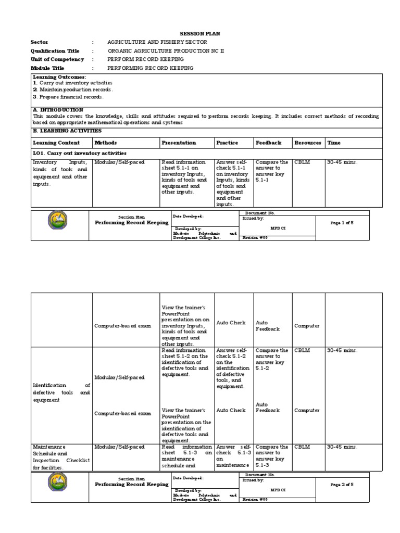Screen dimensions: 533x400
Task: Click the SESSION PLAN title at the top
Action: (200, 33)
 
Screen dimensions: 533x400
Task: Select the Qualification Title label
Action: (55, 51)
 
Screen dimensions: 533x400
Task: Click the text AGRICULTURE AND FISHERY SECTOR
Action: (157, 42)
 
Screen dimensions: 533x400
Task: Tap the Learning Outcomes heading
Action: (59, 77)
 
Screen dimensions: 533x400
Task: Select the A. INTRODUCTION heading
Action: (58, 110)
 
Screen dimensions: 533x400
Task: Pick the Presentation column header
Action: (179, 143)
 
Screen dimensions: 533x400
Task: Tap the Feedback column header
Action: (268, 143)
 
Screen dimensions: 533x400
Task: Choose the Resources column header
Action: (308, 143)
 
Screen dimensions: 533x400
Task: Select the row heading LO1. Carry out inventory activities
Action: (80, 153)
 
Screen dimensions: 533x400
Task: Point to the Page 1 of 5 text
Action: (342, 223)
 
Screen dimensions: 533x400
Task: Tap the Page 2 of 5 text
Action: (342, 485)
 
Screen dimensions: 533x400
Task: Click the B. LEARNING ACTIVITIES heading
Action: (67, 131)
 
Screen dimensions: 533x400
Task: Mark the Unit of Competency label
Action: (57, 59)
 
